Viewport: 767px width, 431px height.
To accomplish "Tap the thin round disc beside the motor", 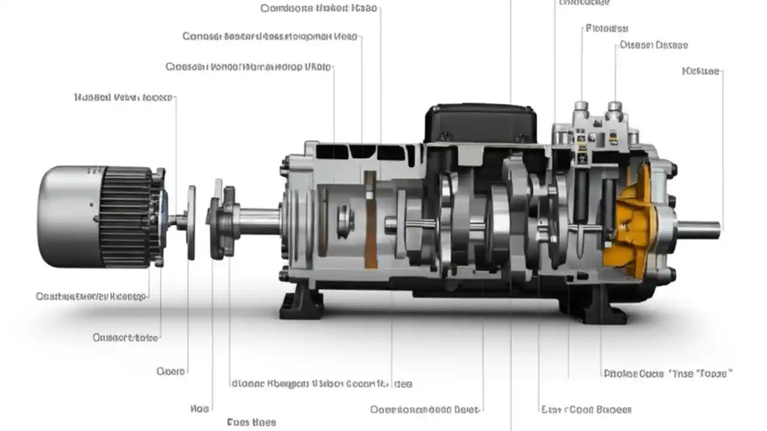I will click(191, 221).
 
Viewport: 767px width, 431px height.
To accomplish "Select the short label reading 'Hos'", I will click(200, 409).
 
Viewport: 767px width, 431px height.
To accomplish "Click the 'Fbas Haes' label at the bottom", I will click(251, 423).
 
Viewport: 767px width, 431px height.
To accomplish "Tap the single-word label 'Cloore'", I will click(171, 372).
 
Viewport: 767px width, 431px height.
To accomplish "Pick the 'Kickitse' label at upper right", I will click(700, 71).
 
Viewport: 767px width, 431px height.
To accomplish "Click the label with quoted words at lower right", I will click(668, 374).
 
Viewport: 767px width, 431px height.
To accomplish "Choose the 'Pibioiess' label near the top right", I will click(606, 28).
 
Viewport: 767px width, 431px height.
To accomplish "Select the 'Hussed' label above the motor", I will click(123, 97).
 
